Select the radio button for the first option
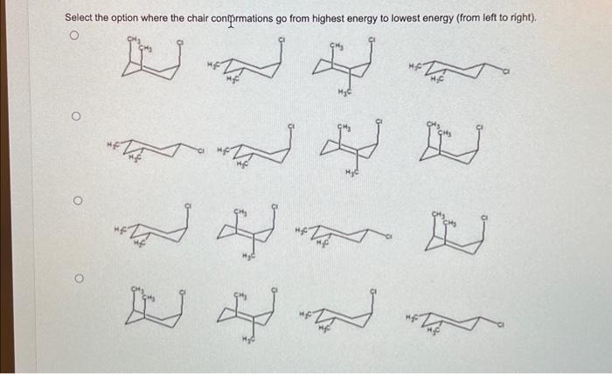(x=76, y=37)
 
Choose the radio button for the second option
(x=76, y=115)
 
